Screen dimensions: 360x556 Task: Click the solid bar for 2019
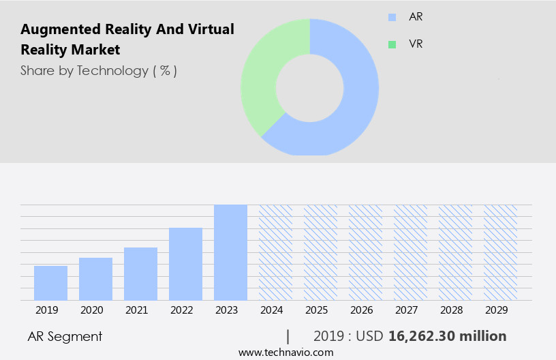click(50, 283)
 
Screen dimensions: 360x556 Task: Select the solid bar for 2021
click(140, 273)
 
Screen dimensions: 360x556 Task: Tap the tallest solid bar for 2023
click(230, 252)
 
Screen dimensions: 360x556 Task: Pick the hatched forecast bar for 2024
click(275, 252)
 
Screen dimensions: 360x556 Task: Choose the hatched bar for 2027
click(410, 252)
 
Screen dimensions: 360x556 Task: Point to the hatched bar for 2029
click(500, 252)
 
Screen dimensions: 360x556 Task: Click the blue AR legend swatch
click(392, 17)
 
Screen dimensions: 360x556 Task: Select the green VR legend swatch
click(392, 44)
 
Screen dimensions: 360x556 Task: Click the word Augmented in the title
click(59, 29)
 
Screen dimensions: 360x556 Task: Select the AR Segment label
click(65, 336)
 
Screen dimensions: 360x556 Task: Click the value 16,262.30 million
click(447, 336)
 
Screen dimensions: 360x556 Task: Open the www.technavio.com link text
click(285, 352)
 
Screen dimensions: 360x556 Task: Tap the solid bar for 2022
click(185, 264)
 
